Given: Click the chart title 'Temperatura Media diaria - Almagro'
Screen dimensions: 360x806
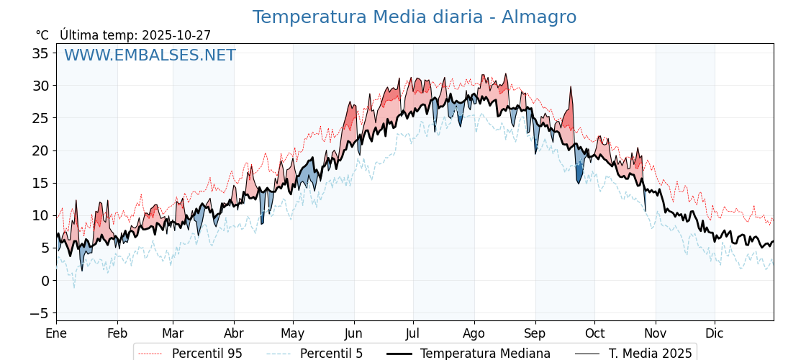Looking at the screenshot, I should click(414, 17).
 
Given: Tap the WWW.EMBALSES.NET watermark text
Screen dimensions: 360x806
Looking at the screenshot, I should click(150, 55).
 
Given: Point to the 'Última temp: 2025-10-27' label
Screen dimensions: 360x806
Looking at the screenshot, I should click(135, 35).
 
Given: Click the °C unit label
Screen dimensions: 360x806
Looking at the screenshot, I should click(42, 35).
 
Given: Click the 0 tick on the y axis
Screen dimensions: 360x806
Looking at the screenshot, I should click(45, 281).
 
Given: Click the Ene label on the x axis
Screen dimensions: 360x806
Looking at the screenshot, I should click(56, 333).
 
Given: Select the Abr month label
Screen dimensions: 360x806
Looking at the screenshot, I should click(234, 333).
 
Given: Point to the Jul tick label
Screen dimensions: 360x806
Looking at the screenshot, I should click(413, 333).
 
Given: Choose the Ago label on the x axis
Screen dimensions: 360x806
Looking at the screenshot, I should click(474, 333).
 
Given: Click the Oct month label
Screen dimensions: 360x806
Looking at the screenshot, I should click(594, 333).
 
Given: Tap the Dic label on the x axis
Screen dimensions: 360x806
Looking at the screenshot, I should click(715, 333).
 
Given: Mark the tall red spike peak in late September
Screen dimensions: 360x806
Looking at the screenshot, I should click(571, 88).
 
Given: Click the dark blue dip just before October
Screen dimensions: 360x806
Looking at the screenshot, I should click(579, 180).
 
